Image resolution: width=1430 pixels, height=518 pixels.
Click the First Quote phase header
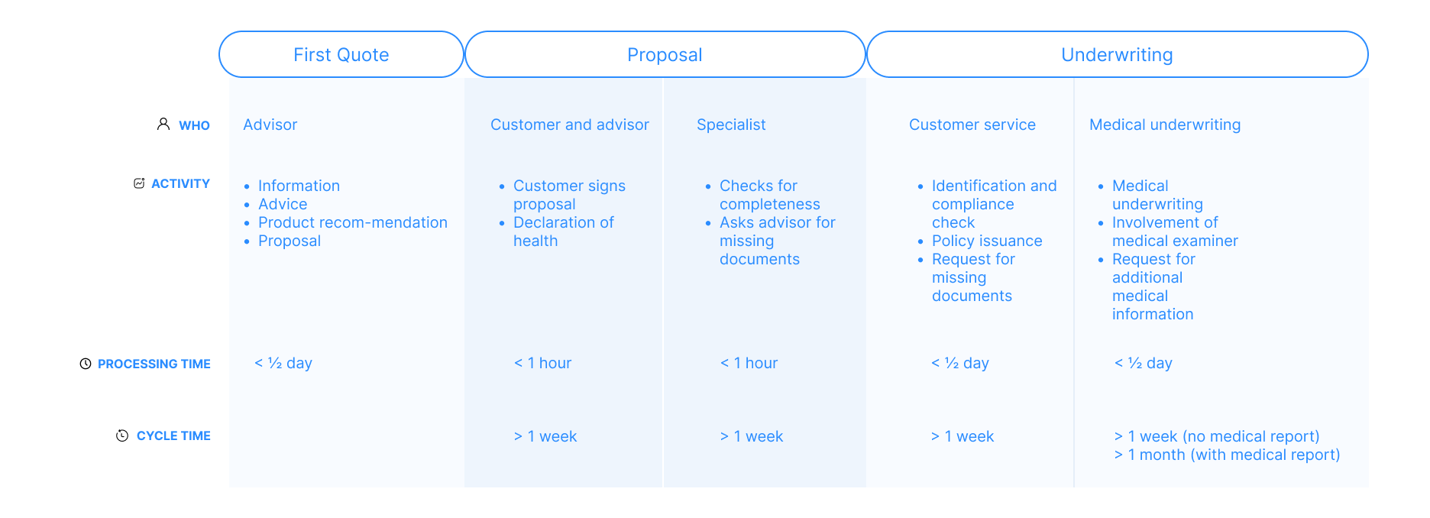(341, 55)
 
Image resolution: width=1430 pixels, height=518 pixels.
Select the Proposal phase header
(665, 55)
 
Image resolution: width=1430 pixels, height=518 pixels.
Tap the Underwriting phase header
(1117, 55)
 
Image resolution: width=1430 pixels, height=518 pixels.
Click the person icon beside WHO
(163, 124)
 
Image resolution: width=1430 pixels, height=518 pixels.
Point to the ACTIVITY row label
(180, 183)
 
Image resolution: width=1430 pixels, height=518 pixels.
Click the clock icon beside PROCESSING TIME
(86, 364)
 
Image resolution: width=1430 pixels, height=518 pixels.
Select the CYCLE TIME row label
(173, 435)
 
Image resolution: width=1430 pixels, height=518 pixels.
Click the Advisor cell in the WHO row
(270, 125)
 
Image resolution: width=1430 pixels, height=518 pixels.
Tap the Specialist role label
(731, 125)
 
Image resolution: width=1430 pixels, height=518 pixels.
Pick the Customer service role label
(972, 125)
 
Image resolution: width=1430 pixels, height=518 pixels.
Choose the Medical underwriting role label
(1165, 125)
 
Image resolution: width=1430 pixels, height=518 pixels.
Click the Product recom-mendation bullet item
(353, 222)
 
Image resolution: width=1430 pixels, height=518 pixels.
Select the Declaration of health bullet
(564, 231)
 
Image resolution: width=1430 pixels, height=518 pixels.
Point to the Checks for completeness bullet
(769, 195)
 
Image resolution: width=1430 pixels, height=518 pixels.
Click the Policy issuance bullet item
(987, 241)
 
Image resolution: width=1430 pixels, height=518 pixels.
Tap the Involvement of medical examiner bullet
(1175, 231)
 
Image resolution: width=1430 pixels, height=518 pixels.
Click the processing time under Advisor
(283, 363)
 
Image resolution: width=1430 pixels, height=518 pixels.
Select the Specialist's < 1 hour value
(749, 363)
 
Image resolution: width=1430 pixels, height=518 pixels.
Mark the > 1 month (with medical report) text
(1227, 455)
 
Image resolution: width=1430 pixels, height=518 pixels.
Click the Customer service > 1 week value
(962, 436)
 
